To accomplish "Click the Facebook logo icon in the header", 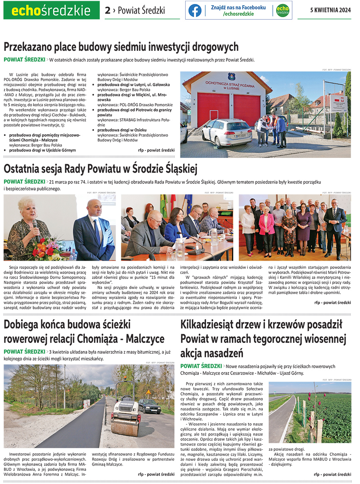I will [195, 11].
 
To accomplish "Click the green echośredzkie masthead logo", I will [51, 10].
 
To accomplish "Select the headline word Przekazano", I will [31, 47].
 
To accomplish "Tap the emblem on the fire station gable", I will [232, 77].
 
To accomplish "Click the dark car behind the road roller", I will [149, 406].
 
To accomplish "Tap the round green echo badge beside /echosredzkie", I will [282, 11].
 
